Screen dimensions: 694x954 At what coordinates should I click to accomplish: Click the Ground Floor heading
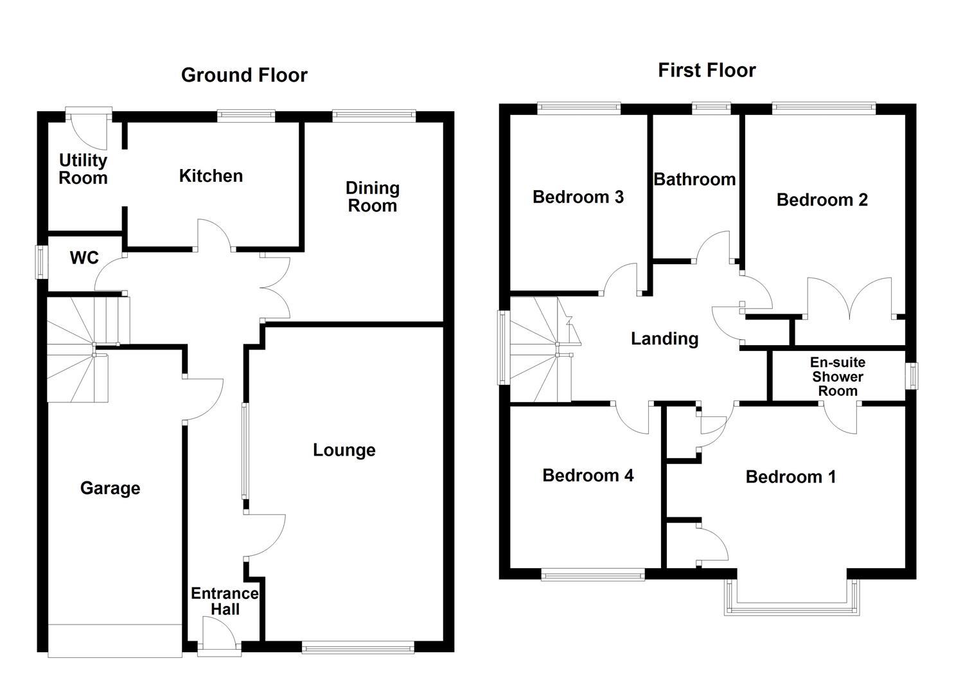[x=244, y=75]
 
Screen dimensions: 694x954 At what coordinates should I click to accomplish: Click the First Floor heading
[x=707, y=70]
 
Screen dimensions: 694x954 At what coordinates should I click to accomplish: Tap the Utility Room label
[x=83, y=169]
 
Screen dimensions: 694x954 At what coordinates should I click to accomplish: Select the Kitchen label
[x=211, y=176]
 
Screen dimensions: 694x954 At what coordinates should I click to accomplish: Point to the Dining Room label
[x=373, y=197]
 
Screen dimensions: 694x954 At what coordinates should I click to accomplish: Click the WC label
[x=84, y=258]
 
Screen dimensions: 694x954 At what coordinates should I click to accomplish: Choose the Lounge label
[x=344, y=450]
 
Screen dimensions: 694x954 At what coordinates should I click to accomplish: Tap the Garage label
[x=110, y=488]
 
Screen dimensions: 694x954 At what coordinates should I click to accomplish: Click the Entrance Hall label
[x=225, y=601]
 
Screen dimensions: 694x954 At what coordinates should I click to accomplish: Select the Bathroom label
[x=694, y=179]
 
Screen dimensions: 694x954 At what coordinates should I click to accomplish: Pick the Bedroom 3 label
[x=578, y=197]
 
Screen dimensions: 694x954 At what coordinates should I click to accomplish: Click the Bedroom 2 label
[x=822, y=200]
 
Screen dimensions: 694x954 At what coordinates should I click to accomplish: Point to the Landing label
[x=664, y=339]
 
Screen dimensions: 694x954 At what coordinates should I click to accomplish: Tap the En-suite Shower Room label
[x=838, y=377]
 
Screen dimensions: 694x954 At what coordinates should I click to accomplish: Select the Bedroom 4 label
[x=588, y=476]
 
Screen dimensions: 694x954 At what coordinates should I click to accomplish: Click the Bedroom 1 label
[x=791, y=477]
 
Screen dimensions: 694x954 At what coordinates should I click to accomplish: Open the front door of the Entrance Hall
[x=219, y=636]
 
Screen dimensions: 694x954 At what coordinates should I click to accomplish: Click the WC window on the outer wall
[x=42, y=262]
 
